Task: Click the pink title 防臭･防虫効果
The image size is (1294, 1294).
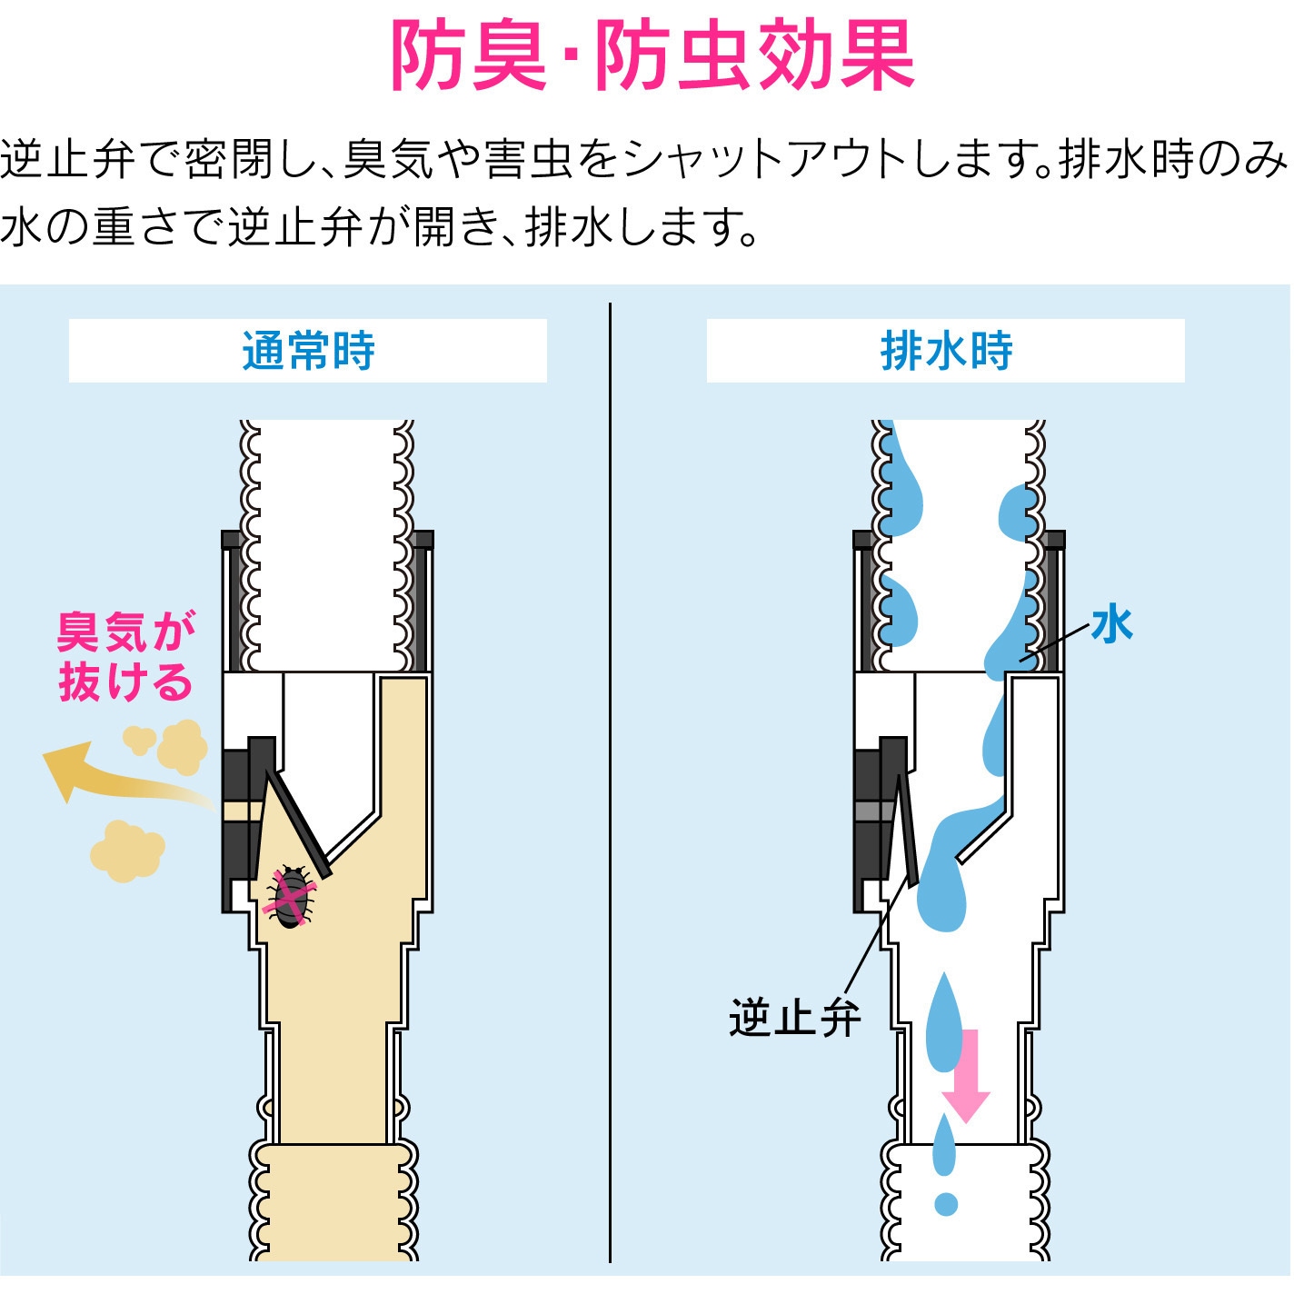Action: pyautogui.click(x=652, y=55)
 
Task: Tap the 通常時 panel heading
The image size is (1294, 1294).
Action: pyautogui.click(x=308, y=351)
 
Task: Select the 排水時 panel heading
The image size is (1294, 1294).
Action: pyautogui.click(x=946, y=351)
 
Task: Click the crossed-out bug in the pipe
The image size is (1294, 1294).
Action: pyautogui.click(x=290, y=897)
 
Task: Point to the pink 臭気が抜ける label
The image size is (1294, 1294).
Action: pyautogui.click(x=126, y=655)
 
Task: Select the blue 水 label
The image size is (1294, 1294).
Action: pyautogui.click(x=1112, y=624)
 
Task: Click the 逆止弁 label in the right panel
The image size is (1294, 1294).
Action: pyautogui.click(x=794, y=1019)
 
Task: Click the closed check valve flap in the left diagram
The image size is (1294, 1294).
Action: pyautogui.click(x=298, y=823)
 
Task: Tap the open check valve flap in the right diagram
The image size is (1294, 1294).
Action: pyautogui.click(x=907, y=830)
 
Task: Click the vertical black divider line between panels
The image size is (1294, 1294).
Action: pyautogui.click(x=610, y=782)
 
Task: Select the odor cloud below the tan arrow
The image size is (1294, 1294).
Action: pyautogui.click(x=127, y=851)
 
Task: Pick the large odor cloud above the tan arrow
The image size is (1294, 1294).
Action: pyautogui.click(x=183, y=747)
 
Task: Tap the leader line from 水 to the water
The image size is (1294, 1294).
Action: pyautogui.click(x=1054, y=642)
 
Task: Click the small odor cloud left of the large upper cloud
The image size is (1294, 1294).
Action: pyautogui.click(x=139, y=740)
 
